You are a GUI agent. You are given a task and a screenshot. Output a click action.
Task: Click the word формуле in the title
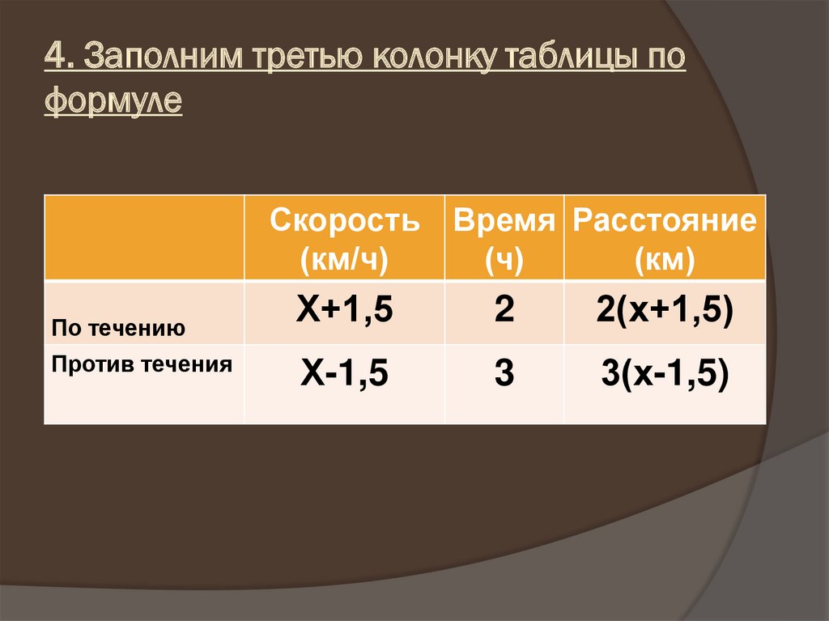coord(114,103)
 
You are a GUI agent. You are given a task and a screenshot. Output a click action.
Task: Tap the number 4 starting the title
coord(53,62)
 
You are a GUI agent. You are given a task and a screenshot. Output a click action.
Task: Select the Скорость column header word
coord(345,221)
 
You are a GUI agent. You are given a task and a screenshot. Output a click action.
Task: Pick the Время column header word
coord(504,221)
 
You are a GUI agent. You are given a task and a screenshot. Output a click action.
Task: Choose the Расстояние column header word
coord(665,221)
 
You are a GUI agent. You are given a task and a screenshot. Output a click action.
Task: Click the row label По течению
coord(118,329)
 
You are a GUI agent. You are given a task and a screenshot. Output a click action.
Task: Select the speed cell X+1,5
coord(345,311)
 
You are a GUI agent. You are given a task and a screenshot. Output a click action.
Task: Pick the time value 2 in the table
coord(504,311)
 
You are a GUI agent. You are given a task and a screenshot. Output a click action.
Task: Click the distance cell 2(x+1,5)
coord(665,311)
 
